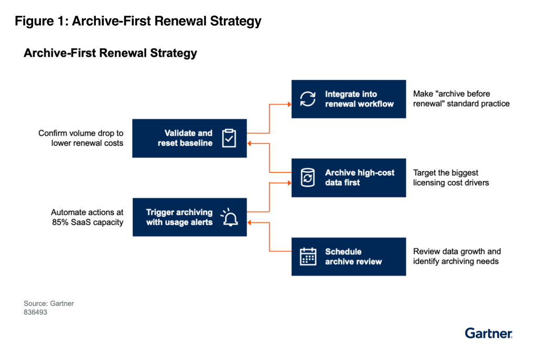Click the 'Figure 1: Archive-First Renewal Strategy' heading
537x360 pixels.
point(138,22)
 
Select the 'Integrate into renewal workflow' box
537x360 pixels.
point(348,99)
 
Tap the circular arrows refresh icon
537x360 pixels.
point(308,99)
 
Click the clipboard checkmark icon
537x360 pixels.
point(229,138)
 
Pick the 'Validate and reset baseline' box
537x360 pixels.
point(189,138)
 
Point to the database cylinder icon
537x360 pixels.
point(308,178)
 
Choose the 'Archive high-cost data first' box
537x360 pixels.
point(348,177)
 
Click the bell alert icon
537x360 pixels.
point(229,217)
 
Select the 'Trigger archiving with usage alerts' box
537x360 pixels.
point(189,217)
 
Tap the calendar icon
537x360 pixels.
point(308,257)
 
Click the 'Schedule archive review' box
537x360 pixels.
point(348,257)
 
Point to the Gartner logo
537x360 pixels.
point(488,333)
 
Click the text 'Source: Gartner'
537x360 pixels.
point(49,303)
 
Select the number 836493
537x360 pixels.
point(36,312)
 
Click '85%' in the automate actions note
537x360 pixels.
point(60,222)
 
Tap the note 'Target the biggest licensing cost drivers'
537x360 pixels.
point(450,177)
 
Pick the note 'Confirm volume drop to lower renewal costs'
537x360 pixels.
point(81,138)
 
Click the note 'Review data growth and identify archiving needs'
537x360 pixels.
point(457,256)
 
